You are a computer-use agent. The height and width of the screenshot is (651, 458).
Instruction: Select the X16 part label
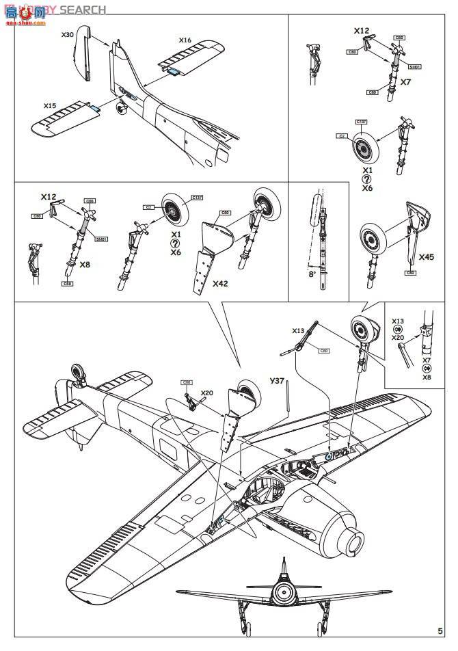pyautogui.click(x=185, y=40)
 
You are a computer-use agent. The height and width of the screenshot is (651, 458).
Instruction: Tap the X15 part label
pyautogui.click(x=49, y=106)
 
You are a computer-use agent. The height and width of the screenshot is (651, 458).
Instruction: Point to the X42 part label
pyautogui.click(x=220, y=282)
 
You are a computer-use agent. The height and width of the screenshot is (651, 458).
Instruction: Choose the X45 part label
pyautogui.click(x=426, y=257)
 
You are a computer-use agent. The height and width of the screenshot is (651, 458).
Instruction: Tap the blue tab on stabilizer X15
pyautogui.click(x=93, y=107)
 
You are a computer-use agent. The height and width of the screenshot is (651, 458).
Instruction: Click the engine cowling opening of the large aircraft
pyautogui.click(x=355, y=543)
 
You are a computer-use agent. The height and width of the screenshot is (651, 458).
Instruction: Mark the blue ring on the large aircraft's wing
pyautogui.click(x=329, y=455)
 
